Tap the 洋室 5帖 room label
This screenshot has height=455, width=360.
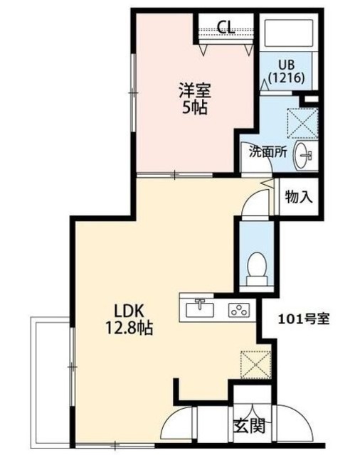coord(194,99)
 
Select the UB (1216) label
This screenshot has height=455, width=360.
coord(286,72)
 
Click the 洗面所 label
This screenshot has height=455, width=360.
coord(268,152)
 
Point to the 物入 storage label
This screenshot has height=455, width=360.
coord(299,198)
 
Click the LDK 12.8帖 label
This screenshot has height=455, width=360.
coord(129,319)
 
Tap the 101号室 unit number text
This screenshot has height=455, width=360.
coord(304,319)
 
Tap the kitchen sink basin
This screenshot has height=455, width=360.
coord(199,309)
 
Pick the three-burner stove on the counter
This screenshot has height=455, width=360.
coord(239,310)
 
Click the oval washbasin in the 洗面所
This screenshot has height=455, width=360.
coord(302,155)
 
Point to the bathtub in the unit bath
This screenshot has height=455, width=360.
coord(289,33)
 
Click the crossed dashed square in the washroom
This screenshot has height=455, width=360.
coord(302,123)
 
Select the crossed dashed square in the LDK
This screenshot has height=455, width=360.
coord(255,365)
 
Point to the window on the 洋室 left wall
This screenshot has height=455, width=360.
coord(133,93)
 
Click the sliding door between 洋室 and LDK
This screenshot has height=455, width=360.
coord(175,175)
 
